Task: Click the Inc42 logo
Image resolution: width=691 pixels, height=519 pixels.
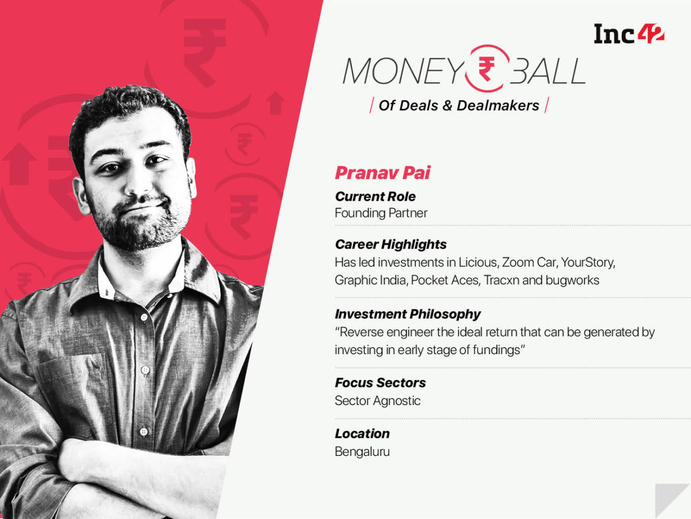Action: coord(629,34)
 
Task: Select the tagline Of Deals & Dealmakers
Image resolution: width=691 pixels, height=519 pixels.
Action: coord(459,105)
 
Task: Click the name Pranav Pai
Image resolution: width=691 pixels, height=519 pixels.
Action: coord(383,173)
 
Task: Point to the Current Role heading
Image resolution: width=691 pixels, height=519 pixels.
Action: coord(375,196)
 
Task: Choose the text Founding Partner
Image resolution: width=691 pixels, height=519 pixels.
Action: coord(381,213)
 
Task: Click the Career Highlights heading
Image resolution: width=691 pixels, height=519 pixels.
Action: coord(391,244)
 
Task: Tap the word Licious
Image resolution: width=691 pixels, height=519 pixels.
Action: coord(477,262)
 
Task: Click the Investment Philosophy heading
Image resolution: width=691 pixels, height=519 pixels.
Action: coord(408,314)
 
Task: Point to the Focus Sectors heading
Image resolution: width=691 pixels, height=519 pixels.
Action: coord(380,383)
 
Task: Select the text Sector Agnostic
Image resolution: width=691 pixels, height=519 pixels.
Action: coord(378,401)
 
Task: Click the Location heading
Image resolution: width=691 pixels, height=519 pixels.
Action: coord(362,434)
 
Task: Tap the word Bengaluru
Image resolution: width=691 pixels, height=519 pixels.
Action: coord(362,451)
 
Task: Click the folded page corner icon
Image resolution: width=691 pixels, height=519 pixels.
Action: coord(672,501)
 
